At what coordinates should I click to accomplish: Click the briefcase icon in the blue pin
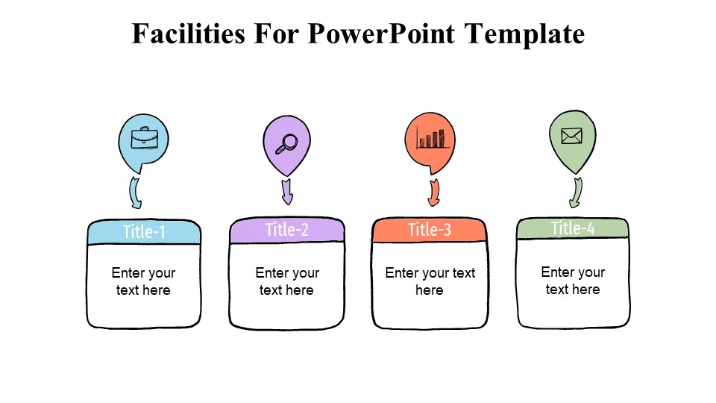[144, 139]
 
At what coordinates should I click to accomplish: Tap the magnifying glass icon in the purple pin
[286, 143]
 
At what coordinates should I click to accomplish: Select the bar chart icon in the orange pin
[430, 138]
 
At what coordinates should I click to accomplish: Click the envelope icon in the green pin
[571, 136]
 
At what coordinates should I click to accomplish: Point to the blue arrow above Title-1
[136, 193]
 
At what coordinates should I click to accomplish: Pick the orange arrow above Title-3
[433, 193]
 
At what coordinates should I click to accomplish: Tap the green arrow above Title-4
[576, 193]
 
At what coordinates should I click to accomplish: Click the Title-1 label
[144, 232]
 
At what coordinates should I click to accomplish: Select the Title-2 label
[286, 230]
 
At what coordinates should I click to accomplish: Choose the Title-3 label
[429, 230]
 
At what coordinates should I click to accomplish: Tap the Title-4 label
[573, 228]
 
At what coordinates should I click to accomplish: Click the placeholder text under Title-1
[143, 281]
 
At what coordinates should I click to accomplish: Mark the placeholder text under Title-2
[287, 281]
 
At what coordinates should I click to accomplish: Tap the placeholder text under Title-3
[430, 281]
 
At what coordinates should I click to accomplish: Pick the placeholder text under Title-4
[573, 281]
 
